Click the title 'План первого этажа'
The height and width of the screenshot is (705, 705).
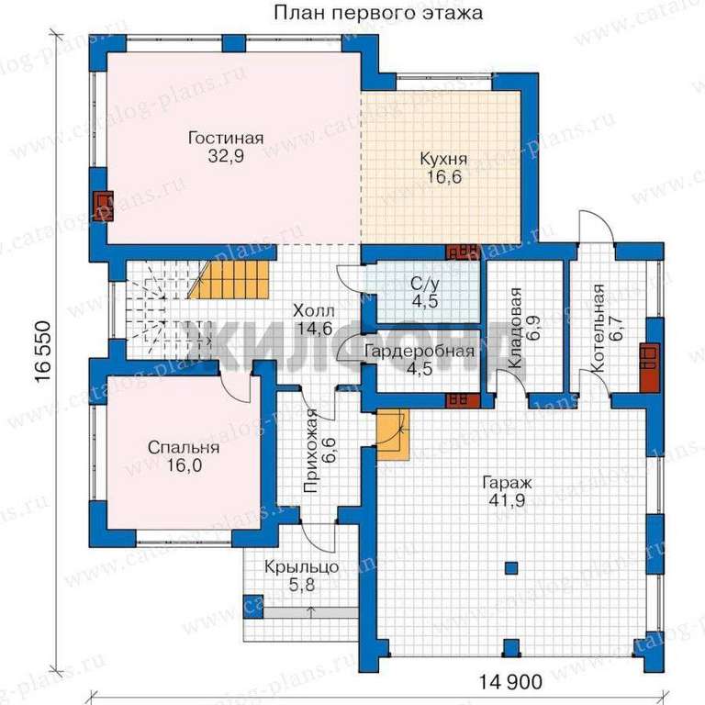(378, 13)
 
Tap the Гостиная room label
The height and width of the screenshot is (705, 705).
(226, 138)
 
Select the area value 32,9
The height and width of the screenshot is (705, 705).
(226, 156)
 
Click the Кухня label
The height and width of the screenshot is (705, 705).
(443, 158)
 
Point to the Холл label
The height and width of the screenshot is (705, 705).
(314, 310)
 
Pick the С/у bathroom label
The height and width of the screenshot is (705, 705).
(425, 284)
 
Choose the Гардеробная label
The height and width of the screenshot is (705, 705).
(419, 351)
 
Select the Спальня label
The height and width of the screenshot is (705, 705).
(184, 447)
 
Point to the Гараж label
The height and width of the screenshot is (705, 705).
(507, 483)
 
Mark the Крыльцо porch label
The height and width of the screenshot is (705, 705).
(301, 567)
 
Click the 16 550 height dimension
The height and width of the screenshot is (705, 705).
(43, 352)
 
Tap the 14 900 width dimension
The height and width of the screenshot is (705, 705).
(510, 682)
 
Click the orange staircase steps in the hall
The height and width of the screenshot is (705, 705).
(230, 281)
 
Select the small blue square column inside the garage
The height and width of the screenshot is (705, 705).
(511, 568)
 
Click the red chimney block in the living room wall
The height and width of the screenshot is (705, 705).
(103, 207)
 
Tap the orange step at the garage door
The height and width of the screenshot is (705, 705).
(393, 434)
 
